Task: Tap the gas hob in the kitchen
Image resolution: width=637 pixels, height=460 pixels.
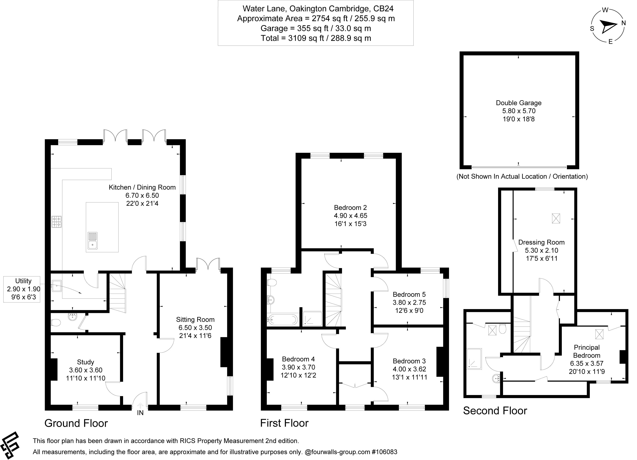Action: click(x=56, y=221)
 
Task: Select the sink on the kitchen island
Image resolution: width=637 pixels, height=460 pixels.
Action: click(x=92, y=241)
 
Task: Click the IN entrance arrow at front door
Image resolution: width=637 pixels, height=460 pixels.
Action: click(x=140, y=406)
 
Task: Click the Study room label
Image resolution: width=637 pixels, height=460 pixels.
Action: click(x=85, y=362)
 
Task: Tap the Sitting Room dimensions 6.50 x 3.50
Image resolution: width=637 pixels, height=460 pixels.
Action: click(x=195, y=328)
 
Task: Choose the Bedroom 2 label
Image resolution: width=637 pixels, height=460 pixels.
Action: click(x=350, y=208)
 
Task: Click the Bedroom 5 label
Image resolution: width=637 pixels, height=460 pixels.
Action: click(x=409, y=294)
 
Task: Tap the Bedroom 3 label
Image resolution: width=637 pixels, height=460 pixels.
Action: click(x=409, y=361)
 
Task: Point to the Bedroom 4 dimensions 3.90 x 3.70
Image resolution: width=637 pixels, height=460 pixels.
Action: click(x=298, y=367)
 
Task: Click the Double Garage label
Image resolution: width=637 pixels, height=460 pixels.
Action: click(x=518, y=103)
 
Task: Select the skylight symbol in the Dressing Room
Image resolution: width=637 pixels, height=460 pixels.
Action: click(x=556, y=219)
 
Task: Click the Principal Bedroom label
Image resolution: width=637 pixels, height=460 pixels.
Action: click(x=587, y=351)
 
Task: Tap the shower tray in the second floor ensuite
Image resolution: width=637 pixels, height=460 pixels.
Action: click(x=474, y=359)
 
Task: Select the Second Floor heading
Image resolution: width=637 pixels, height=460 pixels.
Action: click(x=495, y=411)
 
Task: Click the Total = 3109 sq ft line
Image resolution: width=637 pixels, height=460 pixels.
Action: click(x=316, y=38)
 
